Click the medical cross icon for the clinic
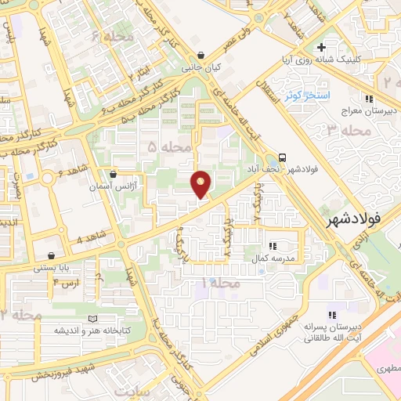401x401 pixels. pos(343,48)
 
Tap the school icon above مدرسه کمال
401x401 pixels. pos(272,246)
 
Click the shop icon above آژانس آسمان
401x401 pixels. pos(114,174)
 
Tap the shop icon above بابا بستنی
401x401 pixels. pos(52,255)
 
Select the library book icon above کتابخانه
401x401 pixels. pos(95,319)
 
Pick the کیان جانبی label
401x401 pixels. pos(202,68)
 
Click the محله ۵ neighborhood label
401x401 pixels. pos(165,146)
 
